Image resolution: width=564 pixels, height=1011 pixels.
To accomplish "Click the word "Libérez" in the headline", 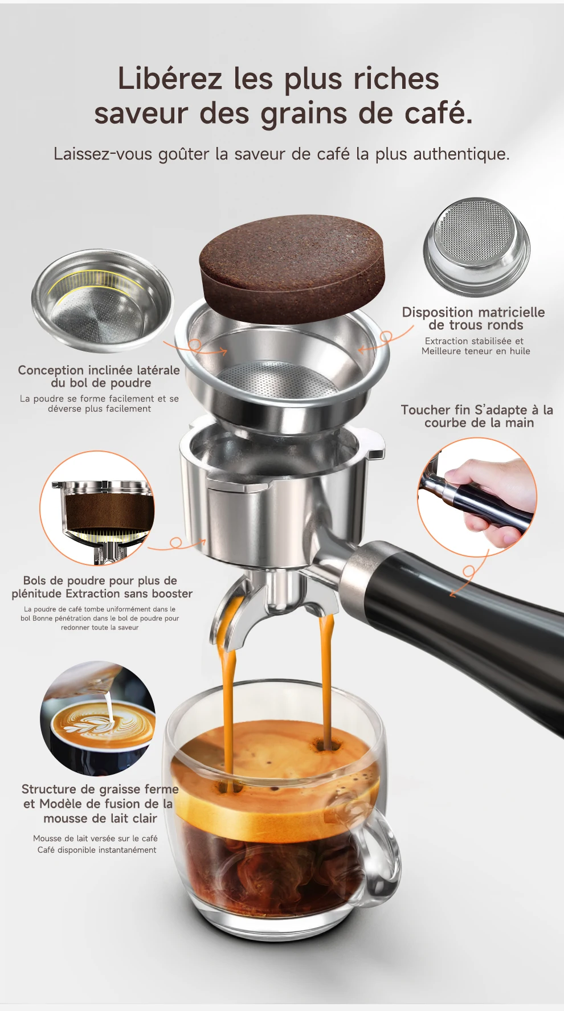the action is (170, 79).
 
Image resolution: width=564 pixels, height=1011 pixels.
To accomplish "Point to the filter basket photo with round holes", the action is (476, 247).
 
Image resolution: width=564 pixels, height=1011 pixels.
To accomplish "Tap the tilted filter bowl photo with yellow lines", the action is (102, 300).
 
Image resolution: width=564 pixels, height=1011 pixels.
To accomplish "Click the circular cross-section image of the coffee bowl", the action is (97, 508).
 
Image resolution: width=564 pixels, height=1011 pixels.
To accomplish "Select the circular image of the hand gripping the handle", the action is (477, 497).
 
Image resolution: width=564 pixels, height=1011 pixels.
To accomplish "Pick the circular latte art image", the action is (98, 718).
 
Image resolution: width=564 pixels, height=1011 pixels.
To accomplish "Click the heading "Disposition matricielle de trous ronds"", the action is (473, 319).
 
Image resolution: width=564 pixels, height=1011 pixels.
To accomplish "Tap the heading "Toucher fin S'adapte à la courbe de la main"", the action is (477, 416).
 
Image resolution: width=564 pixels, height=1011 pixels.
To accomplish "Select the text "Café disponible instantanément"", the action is (97, 850).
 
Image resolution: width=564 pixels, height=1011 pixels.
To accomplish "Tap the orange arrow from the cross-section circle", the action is (177, 545).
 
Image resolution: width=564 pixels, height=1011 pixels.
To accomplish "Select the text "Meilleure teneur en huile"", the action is (476, 351).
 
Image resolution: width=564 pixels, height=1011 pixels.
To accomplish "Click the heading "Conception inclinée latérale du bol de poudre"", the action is (99, 376).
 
